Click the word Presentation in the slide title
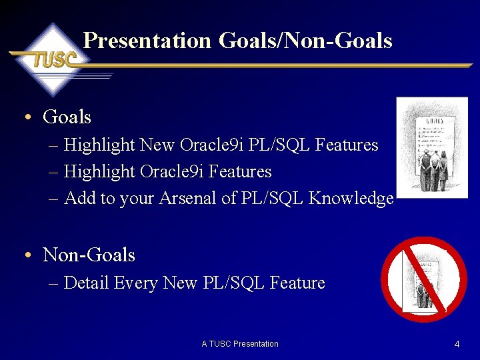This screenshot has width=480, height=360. click(147, 41)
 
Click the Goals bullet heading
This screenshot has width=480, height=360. click(67, 117)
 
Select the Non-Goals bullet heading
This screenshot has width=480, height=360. click(89, 255)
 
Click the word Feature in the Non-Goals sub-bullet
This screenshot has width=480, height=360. click(297, 283)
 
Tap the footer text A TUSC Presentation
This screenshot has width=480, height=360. click(240, 344)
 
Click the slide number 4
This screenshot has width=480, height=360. click(457, 344)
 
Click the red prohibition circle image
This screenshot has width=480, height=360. click(423, 279)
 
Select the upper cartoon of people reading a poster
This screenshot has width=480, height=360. click(431, 147)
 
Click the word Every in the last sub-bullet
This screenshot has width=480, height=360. click(136, 283)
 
